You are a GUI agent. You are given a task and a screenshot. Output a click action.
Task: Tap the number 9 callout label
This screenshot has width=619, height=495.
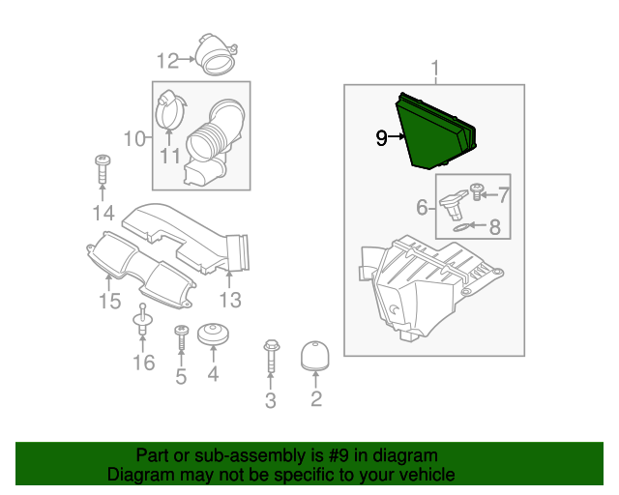click(381, 138)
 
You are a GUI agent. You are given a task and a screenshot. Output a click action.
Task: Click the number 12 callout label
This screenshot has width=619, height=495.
click(167, 61)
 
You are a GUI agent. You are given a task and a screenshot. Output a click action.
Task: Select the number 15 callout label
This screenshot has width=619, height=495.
click(109, 303)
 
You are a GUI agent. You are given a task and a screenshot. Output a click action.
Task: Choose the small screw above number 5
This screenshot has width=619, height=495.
click(180, 339)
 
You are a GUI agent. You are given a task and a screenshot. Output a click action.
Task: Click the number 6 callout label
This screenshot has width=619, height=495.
click(423, 207)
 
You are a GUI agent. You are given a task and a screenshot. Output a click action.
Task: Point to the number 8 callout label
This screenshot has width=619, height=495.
click(494, 228)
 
